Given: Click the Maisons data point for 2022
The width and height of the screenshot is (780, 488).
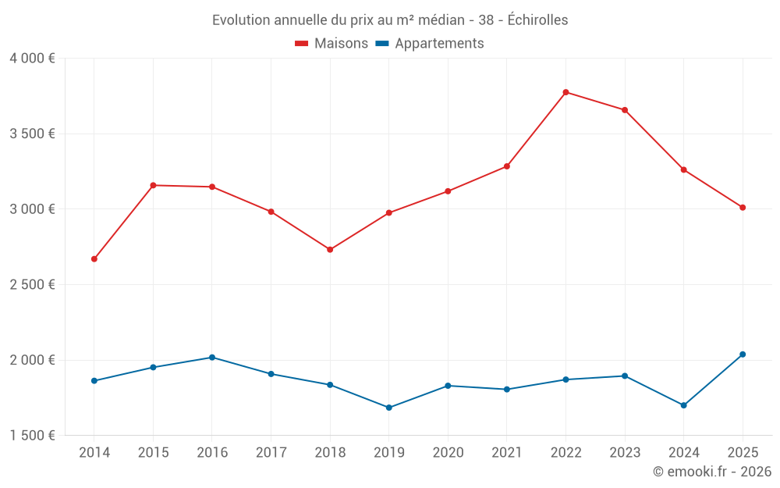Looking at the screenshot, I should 566,92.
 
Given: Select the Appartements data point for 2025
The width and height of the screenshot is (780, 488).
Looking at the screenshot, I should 743,354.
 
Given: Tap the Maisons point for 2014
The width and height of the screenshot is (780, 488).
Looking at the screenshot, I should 94,259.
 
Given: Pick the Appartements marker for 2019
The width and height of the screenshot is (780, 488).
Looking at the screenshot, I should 389,408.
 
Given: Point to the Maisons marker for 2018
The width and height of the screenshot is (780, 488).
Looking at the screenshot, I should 330,250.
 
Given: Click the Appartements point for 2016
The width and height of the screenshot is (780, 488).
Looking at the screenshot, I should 212,358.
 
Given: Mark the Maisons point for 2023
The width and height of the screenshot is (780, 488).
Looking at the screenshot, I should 625,110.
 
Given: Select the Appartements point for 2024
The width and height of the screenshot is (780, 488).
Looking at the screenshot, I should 684,405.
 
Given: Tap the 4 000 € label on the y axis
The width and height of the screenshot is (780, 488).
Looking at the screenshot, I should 32,59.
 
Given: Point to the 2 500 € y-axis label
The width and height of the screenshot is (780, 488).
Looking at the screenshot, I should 32,285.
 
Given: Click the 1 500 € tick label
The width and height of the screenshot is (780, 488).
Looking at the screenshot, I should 32,436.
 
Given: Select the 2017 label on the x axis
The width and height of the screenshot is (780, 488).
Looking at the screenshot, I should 271,453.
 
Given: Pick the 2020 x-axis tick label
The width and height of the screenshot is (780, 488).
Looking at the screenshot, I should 448,453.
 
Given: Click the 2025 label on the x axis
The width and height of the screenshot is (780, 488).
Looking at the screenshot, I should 743,453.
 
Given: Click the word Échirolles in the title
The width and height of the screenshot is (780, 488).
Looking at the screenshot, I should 537,20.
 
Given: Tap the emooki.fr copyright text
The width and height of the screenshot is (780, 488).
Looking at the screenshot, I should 712,472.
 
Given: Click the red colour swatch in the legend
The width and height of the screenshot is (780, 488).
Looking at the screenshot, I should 302,44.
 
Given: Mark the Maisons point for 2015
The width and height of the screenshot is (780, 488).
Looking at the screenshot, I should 153,185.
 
